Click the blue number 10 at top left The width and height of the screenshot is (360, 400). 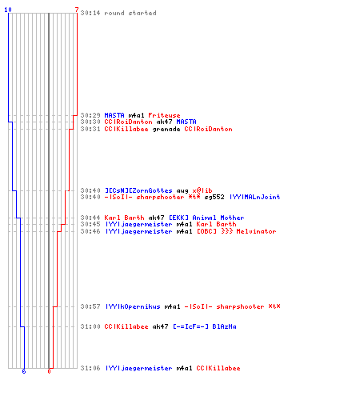(8, 10)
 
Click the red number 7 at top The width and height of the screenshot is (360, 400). (77, 10)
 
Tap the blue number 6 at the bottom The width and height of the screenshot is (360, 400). (24, 371)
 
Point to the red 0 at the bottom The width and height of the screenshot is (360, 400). (49, 371)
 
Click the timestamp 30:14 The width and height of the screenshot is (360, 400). (90, 13)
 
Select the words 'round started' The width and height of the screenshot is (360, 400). (130, 13)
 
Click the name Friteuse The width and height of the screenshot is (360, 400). (164, 115)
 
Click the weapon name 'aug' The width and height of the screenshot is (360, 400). (182, 190)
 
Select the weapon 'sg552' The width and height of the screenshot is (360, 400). (214, 197)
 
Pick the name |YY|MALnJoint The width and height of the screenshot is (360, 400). (255, 197)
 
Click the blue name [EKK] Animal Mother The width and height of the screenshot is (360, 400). (206, 218)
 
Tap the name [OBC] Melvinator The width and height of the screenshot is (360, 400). (237, 231)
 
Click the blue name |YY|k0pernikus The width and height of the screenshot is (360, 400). (133, 306)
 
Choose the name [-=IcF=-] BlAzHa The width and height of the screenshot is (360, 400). (205, 326)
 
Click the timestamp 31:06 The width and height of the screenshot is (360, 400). (90, 368)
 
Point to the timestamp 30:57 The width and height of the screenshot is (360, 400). (90, 306)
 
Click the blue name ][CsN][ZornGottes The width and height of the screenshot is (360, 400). (138, 190)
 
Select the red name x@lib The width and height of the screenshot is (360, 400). (202, 190)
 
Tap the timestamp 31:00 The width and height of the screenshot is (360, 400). (90, 326)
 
